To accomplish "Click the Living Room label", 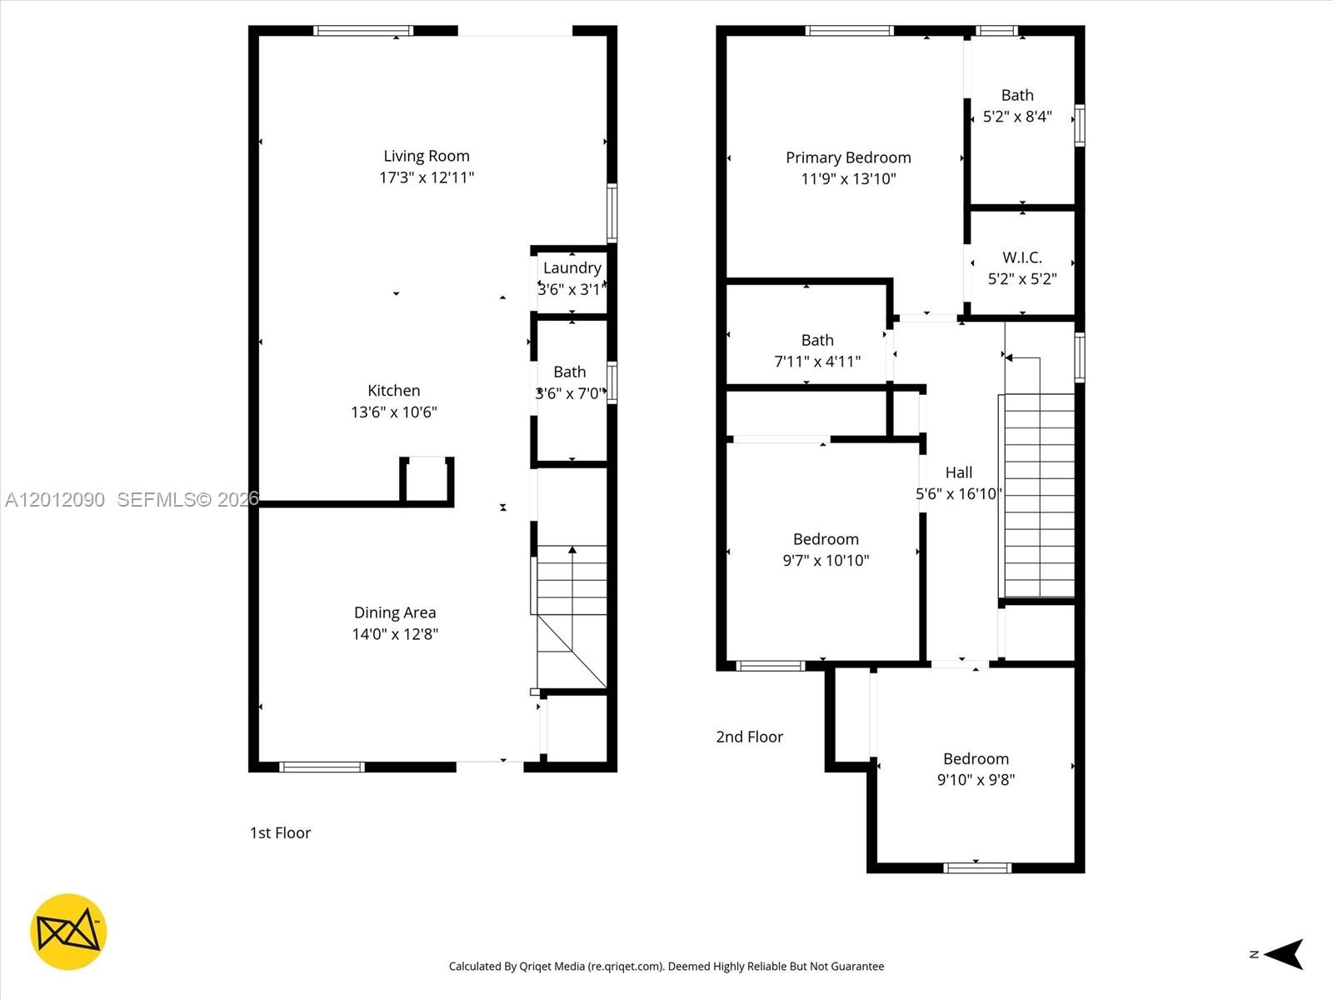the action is pyautogui.click(x=427, y=156).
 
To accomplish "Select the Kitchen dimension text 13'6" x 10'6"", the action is pyautogui.click(x=394, y=412).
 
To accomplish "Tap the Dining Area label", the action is pyautogui.click(x=395, y=612).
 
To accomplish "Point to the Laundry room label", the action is pyautogui.click(x=572, y=267).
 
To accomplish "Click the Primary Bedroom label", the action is pyautogui.click(x=848, y=157).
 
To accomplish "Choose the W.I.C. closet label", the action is pyautogui.click(x=1022, y=257).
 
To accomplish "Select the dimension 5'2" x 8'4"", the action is pyautogui.click(x=1017, y=117).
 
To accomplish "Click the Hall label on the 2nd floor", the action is pyautogui.click(x=958, y=472).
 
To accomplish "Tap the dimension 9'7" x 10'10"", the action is pyautogui.click(x=826, y=560).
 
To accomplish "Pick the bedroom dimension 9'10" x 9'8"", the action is pyautogui.click(x=976, y=780).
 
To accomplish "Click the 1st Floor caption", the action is pyautogui.click(x=280, y=832).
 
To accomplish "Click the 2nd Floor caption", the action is pyautogui.click(x=749, y=737).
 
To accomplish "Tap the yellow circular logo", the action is pyautogui.click(x=68, y=932).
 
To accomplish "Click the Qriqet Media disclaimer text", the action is pyautogui.click(x=666, y=966).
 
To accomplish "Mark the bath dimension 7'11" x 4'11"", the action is pyautogui.click(x=817, y=362).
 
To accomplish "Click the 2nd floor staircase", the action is pyautogui.click(x=1039, y=495).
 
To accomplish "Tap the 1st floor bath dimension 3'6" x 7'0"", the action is pyautogui.click(x=571, y=393).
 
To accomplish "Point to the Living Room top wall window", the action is pyautogui.click(x=364, y=30).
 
